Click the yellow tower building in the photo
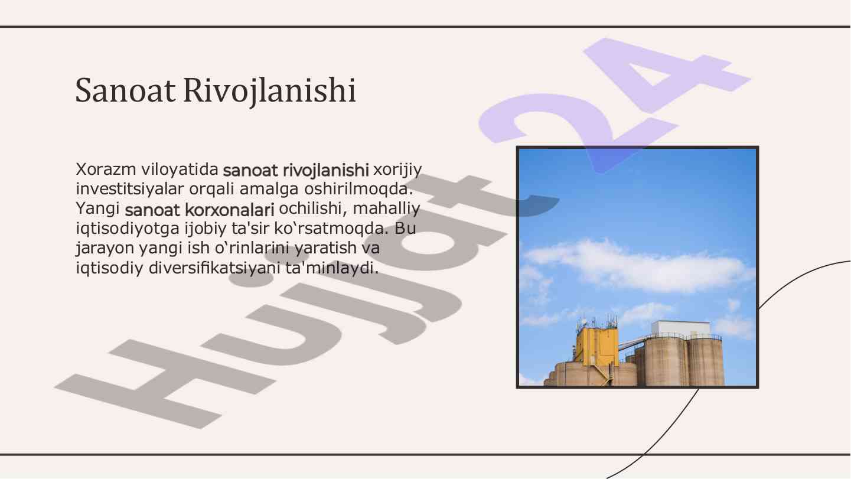pyautogui.click(x=596, y=346)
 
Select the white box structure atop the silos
pyautogui.click(x=680, y=328)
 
